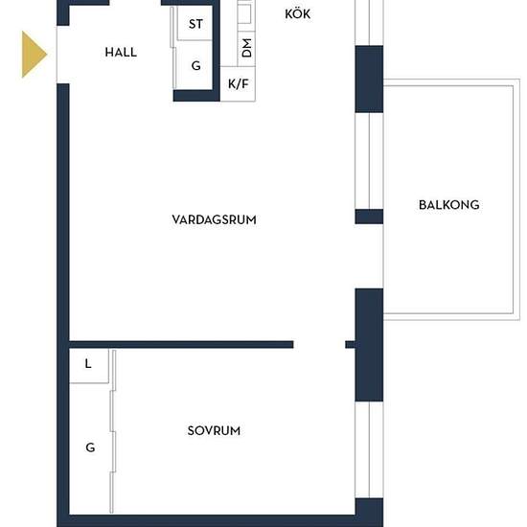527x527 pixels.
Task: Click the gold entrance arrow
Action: tap(34, 54)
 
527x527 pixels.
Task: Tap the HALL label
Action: tap(121, 53)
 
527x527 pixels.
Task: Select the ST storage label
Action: tap(195, 24)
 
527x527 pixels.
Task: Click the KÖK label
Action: tap(297, 14)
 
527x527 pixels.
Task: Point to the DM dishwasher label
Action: tap(246, 48)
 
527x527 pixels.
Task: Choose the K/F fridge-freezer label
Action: tap(239, 83)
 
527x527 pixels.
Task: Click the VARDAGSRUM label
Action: tap(214, 219)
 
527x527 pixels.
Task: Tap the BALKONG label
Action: tap(449, 205)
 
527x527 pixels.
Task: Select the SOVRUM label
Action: tap(214, 431)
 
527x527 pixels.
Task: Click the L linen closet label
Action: tap(88, 364)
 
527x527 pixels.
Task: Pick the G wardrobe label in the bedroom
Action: tap(90, 447)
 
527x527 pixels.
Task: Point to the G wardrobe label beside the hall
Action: tap(195, 65)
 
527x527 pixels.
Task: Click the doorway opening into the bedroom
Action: tap(319, 345)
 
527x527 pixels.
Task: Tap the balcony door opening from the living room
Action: tap(369, 256)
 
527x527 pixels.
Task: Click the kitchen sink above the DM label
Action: tap(245, 14)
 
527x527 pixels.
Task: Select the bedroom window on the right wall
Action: tap(369, 449)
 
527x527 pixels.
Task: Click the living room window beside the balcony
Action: tap(369, 161)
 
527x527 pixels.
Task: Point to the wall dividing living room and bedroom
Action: tap(181, 345)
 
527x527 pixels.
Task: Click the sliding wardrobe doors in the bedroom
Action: tap(113, 431)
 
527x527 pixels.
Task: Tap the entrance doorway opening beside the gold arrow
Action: tap(63, 55)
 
